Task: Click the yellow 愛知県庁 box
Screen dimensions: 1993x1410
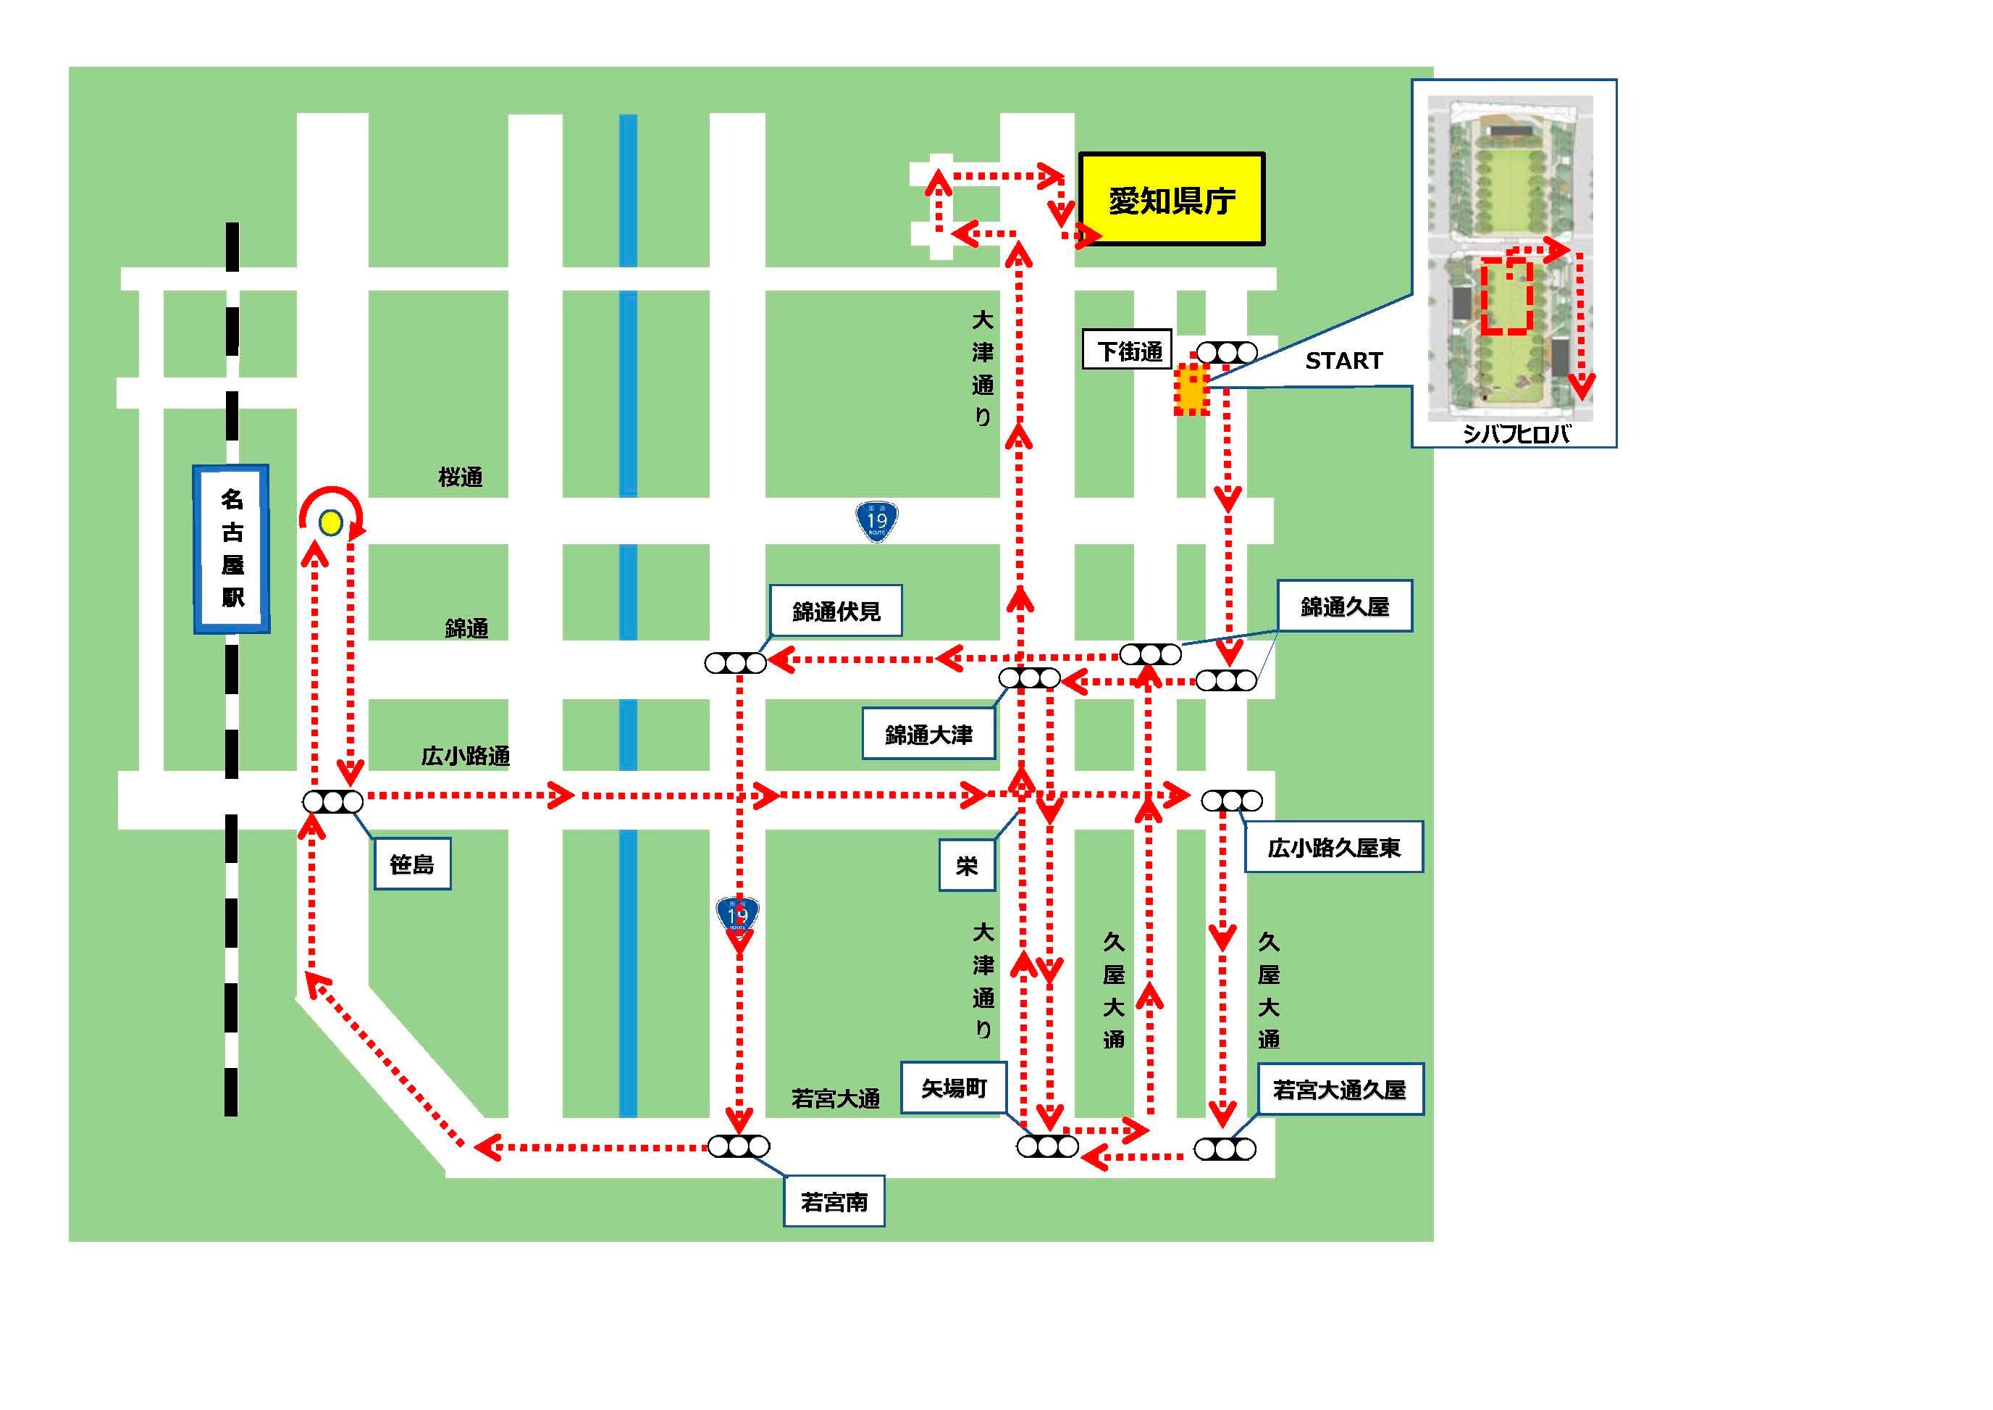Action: [1171, 200]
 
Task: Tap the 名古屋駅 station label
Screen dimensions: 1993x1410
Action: [232, 548]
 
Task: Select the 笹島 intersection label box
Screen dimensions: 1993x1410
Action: [412, 864]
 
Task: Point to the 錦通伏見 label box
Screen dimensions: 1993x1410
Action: [836, 612]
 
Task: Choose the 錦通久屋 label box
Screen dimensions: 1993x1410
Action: [1345, 606]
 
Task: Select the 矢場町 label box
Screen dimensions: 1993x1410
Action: [954, 1088]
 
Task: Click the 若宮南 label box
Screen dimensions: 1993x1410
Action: [834, 1201]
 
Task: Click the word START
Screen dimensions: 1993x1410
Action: [1343, 361]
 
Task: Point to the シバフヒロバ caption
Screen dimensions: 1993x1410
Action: [1516, 434]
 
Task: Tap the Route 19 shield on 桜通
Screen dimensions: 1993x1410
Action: [877, 521]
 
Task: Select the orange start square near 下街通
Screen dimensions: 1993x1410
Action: [1192, 391]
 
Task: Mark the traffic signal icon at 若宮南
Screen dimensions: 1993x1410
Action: [739, 1146]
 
